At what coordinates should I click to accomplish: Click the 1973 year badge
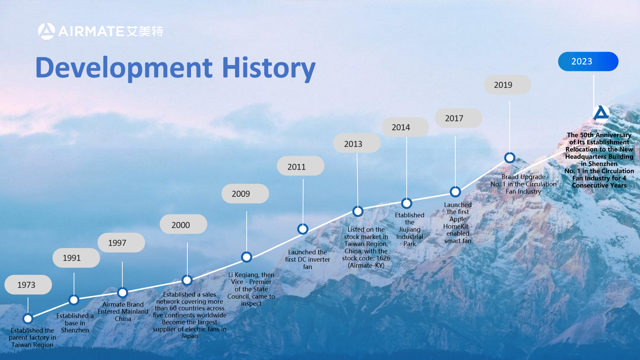28,285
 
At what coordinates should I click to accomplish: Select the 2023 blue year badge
588,61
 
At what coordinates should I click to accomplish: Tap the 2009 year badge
245,194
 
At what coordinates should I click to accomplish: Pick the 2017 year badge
458,118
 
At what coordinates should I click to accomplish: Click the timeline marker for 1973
28,319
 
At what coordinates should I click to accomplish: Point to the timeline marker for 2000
187,280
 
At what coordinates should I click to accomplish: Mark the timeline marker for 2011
303,229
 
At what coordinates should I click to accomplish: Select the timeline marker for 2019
510,158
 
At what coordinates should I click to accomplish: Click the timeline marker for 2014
407,203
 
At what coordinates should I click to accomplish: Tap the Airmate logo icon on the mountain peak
601,113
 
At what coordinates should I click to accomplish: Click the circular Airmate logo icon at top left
46,31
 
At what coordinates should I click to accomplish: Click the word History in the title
269,68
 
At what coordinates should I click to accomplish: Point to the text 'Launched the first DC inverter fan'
307,259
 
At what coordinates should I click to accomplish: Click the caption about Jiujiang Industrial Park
410,229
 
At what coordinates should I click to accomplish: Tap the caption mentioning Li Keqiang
251,289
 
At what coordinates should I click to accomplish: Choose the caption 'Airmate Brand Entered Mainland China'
123,311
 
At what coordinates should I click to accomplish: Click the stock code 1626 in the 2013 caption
383,258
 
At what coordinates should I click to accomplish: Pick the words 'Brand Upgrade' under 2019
523,177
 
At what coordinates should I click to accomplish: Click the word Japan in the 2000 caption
190,336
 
